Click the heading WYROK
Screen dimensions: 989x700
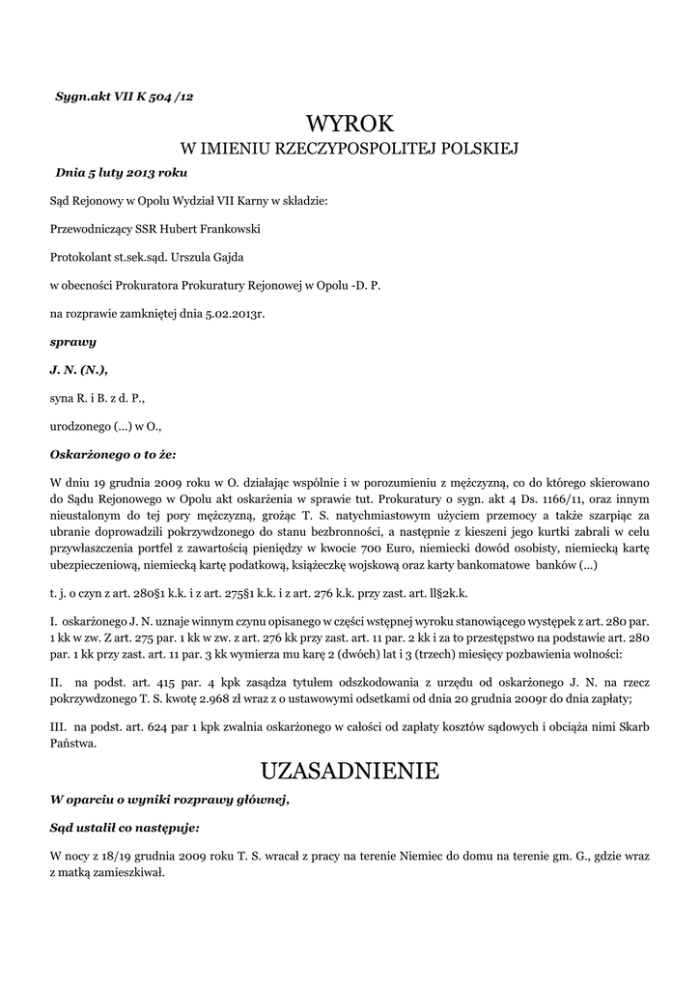pos(350,124)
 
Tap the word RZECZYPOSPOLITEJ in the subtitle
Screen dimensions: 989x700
pos(357,149)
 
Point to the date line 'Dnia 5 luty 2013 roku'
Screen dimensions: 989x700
pos(121,173)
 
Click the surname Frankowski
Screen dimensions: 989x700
pos(225,229)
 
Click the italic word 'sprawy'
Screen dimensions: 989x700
pos(72,342)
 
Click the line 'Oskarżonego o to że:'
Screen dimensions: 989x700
pos(113,453)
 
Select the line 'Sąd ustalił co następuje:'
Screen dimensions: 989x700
pos(125,828)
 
